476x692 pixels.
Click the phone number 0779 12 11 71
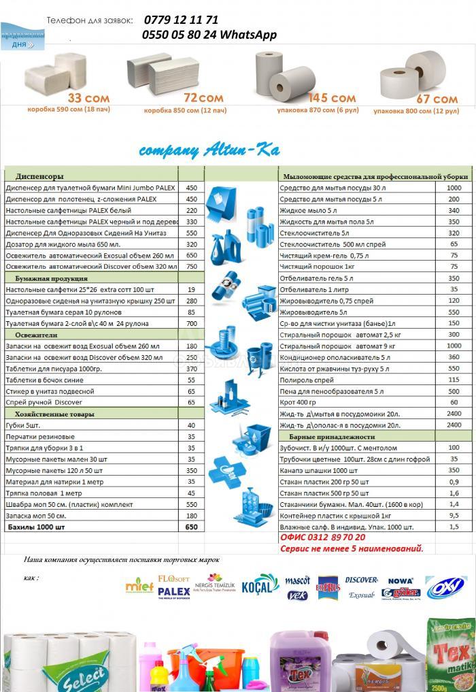[x=181, y=20]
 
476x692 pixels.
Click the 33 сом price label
[x=88, y=98]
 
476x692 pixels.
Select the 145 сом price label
[x=332, y=98]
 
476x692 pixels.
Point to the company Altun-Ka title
[x=209, y=150]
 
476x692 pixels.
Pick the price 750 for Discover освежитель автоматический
[x=191, y=267]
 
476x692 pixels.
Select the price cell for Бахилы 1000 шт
[x=191, y=527]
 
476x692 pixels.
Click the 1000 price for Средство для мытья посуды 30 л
[x=454, y=188]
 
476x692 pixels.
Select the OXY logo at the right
[x=445, y=586]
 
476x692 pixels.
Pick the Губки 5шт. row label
[x=25, y=425]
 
